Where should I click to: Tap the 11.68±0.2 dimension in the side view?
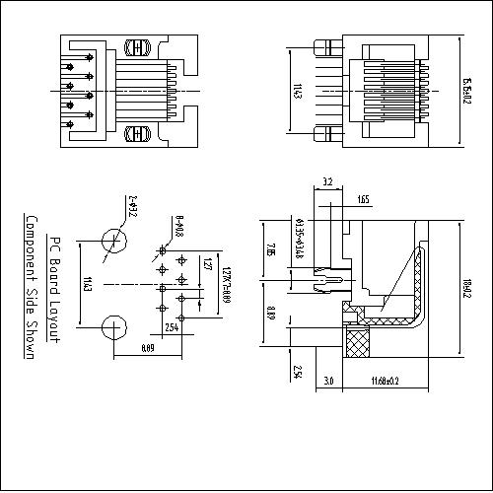(x=385, y=381)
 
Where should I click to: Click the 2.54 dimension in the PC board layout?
(x=171, y=326)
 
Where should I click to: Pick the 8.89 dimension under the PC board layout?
(x=148, y=348)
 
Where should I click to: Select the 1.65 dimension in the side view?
(x=363, y=200)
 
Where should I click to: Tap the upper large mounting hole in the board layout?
(x=113, y=241)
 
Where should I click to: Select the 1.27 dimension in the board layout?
(x=206, y=264)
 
